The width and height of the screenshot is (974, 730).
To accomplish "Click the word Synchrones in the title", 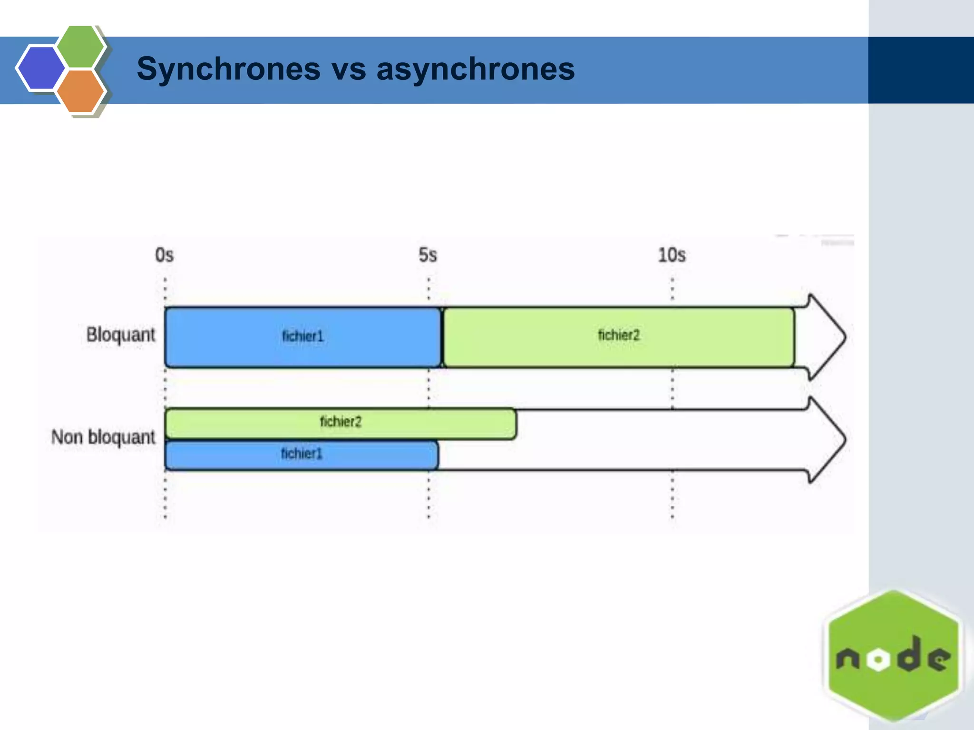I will pos(228,69).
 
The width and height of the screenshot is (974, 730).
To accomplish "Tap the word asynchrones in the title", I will pos(476,69).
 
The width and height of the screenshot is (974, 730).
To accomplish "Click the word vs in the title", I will pos(348,69).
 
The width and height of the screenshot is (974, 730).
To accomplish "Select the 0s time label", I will pos(165,255).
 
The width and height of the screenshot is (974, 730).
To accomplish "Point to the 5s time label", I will pos(428,255).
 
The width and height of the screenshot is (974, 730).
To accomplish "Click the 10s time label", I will pos(672,255).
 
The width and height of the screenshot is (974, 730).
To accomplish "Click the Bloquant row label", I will pos(121,335).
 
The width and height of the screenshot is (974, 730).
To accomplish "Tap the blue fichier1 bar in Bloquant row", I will pos(302,337).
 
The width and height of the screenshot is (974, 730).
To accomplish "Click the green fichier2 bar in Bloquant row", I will pos(618,337).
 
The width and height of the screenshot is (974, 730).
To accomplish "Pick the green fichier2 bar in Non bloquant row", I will pos(341,423).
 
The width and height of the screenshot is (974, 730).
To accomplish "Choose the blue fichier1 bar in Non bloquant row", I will pos(302,455).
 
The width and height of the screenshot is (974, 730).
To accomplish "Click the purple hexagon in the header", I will pos(40,67).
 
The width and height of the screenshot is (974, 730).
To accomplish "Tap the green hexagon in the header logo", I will pos(80,46).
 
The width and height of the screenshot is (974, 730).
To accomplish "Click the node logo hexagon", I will pos(893,618).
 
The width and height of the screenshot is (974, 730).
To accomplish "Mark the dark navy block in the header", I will pos(921,70).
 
